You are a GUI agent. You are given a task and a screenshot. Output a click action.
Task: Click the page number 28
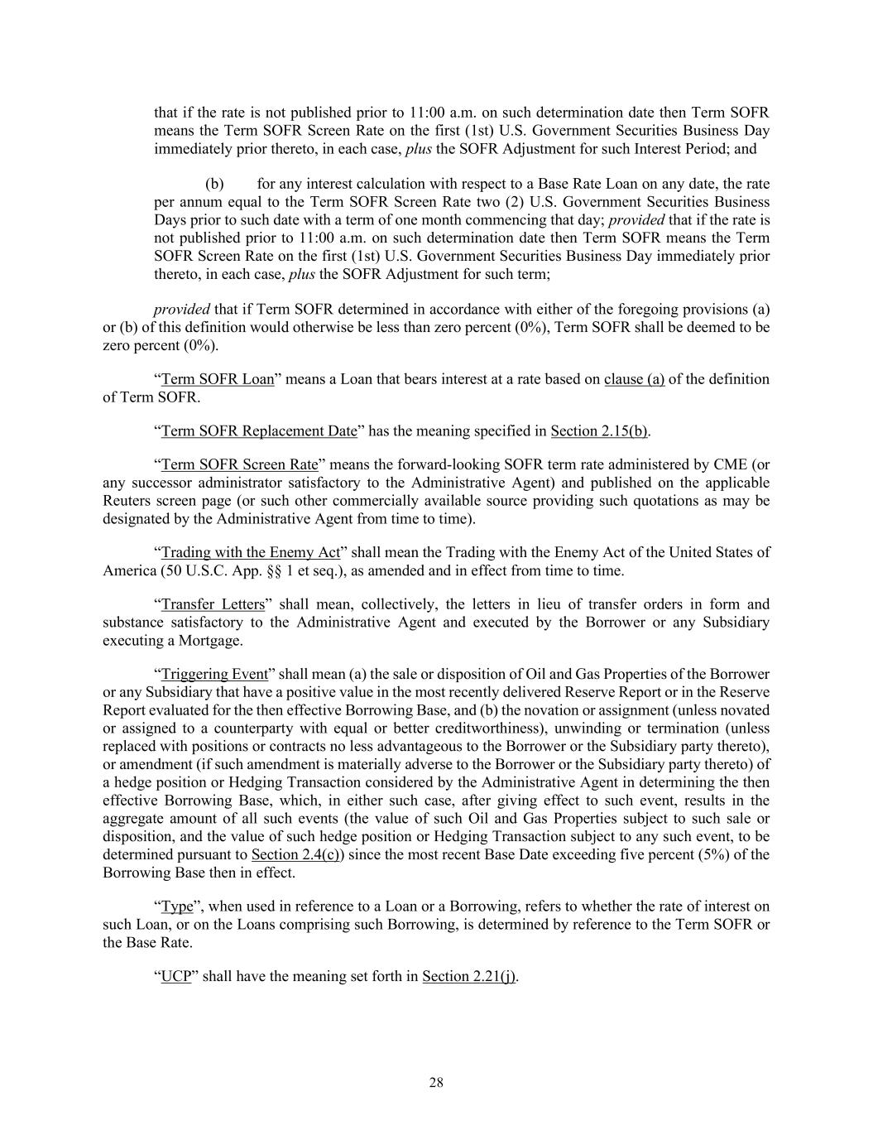(x=436, y=1083)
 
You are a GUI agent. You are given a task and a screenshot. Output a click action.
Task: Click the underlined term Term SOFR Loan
(x=217, y=379)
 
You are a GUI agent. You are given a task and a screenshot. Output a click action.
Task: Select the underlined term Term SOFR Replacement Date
(x=259, y=430)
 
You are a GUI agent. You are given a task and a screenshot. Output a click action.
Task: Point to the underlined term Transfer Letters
(x=213, y=603)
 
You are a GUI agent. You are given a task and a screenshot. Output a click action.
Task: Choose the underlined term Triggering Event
(x=214, y=674)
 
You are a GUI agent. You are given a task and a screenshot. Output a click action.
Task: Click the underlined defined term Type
(x=177, y=906)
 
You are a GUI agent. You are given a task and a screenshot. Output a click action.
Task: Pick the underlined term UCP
(x=175, y=976)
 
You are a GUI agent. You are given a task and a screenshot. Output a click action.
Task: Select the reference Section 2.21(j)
(x=469, y=976)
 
